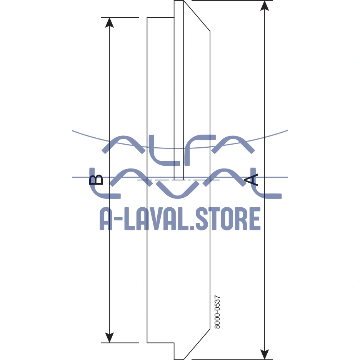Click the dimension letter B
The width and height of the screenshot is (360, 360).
[x=96, y=180]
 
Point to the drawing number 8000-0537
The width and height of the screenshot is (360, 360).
[x=217, y=312]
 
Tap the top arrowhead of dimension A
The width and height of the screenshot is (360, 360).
[x=264, y=5]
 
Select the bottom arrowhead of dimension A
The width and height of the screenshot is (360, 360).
[x=264, y=354]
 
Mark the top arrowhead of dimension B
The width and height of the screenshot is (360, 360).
[x=110, y=22]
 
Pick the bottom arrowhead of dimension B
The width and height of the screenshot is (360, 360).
[x=110, y=337]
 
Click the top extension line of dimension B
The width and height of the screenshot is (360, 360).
[x=123, y=17]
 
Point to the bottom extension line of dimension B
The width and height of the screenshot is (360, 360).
[x=123, y=342]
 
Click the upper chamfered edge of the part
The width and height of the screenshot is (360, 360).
[x=197, y=16]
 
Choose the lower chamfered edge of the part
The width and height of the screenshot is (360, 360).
[x=197, y=344]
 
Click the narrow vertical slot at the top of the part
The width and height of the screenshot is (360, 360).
[x=179, y=88]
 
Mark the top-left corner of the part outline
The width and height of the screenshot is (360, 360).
[x=147, y=17]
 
